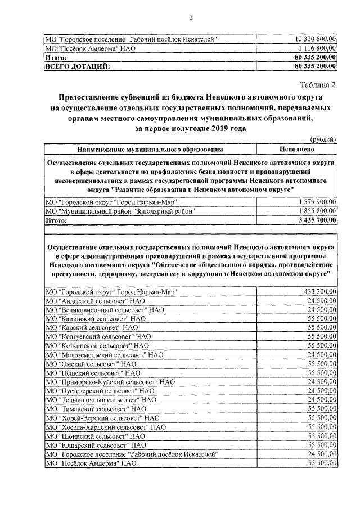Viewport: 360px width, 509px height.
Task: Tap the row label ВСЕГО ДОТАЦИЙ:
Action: point(78,66)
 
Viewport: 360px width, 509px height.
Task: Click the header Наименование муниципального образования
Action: point(150,150)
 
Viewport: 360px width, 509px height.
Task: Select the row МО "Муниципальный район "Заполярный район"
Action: point(123,211)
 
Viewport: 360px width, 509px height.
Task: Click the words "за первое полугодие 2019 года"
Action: point(191,128)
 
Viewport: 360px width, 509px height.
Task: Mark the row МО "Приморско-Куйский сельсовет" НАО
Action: point(109,381)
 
